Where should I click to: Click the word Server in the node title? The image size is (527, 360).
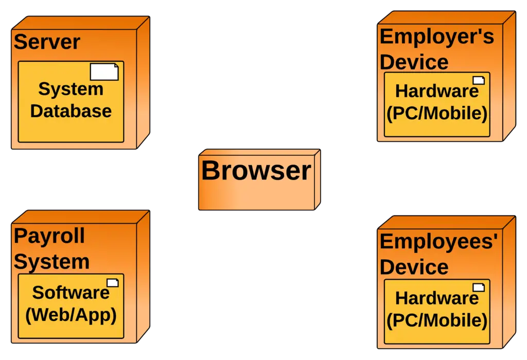coord(47,42)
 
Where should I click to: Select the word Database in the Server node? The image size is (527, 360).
coord(71,111)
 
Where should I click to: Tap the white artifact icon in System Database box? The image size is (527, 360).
coord(104,72)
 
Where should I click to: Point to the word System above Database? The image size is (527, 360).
coord(71,89)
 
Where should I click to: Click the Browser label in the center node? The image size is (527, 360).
coord(256,171)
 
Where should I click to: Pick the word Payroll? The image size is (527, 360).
coord(49,236)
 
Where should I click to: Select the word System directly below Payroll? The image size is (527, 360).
coord(51,261)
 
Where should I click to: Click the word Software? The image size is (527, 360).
coord(71,293)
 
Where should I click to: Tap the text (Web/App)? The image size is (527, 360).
coord(71,315)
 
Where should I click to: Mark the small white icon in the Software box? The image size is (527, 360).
coord(112,282)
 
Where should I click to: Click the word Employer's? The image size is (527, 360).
coord(436,37)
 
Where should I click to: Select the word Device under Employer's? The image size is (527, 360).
coord(414,62)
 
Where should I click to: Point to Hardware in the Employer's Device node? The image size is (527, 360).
coord(436,91)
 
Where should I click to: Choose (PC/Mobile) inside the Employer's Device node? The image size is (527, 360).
coord(436,114)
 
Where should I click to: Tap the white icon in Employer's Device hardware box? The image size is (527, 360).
coord(479,80)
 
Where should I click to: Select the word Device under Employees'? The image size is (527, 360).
coord(414,267)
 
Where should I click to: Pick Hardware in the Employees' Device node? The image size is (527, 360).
coord(436,298)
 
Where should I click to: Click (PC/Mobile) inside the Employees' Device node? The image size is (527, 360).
coord(436,320)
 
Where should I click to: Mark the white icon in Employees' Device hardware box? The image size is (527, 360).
coord(479,287)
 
